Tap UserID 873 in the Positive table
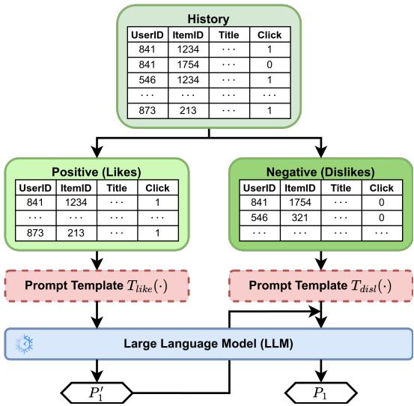tap(33, 232)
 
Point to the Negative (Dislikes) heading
tap(321, 170)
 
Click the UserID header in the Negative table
tap(260, 187)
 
